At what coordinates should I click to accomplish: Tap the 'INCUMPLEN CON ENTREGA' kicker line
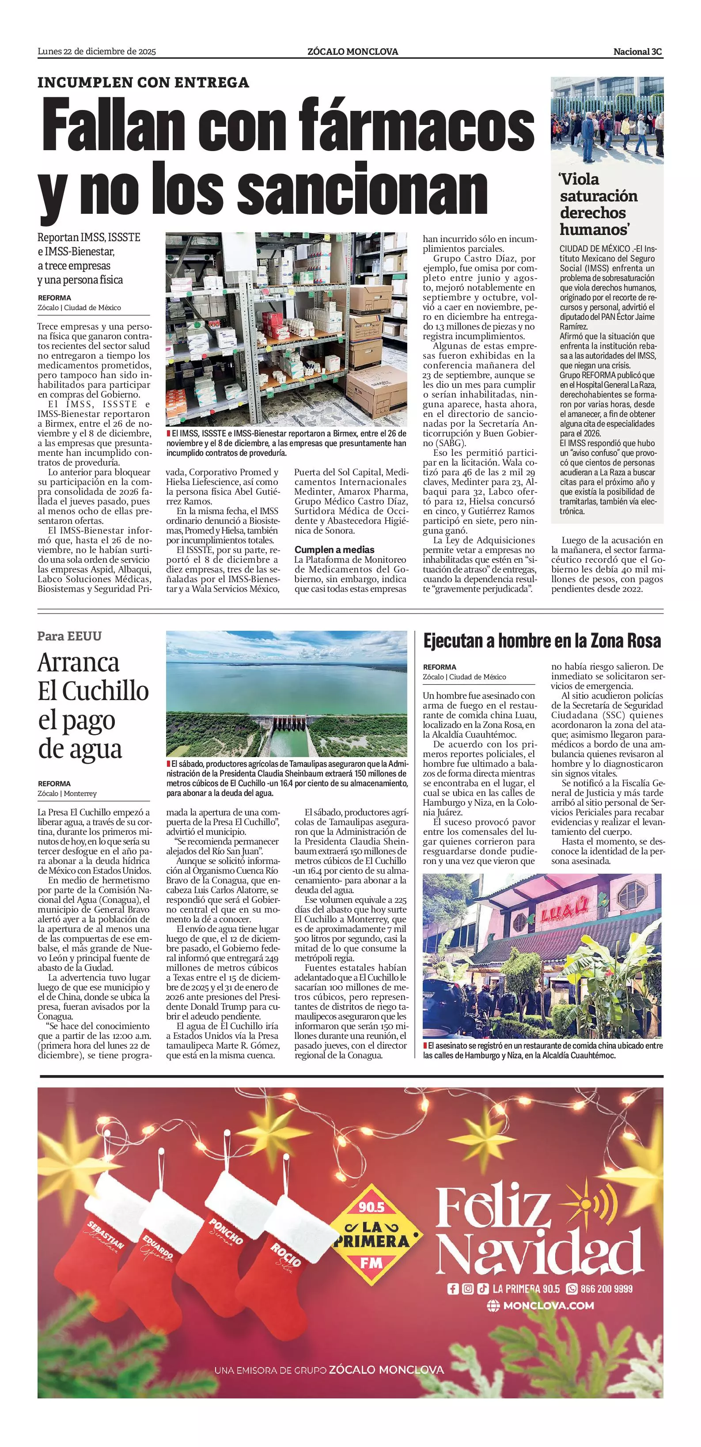143,83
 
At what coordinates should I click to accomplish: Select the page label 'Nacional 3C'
637,52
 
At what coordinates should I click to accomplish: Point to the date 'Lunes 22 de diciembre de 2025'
97,52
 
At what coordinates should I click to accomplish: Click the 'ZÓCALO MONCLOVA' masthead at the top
353,52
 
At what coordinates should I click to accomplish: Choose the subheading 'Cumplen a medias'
334,549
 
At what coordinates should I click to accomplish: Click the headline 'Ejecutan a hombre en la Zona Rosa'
542,641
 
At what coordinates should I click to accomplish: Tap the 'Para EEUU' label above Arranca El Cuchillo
70,636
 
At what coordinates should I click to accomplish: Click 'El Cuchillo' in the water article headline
93,691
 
